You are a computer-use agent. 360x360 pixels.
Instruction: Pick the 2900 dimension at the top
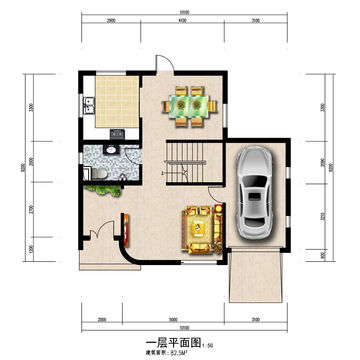click(x=108, y=20)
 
